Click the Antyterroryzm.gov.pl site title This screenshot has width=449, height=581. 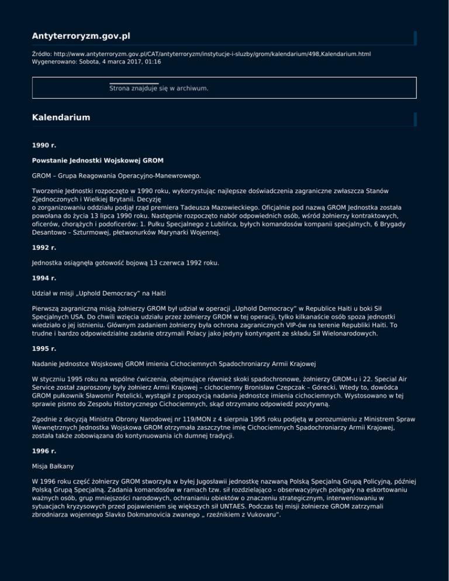pos(81,37)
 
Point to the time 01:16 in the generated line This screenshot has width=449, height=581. pos(153,61)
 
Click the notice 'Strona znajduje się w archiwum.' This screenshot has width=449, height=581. pos(159,88)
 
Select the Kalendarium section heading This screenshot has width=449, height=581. pos(61,117)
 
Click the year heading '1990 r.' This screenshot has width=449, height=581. pos(44,144)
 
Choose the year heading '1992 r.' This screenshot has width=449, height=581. pos(44,247)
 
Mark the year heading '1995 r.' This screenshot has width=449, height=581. pos(44,347)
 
